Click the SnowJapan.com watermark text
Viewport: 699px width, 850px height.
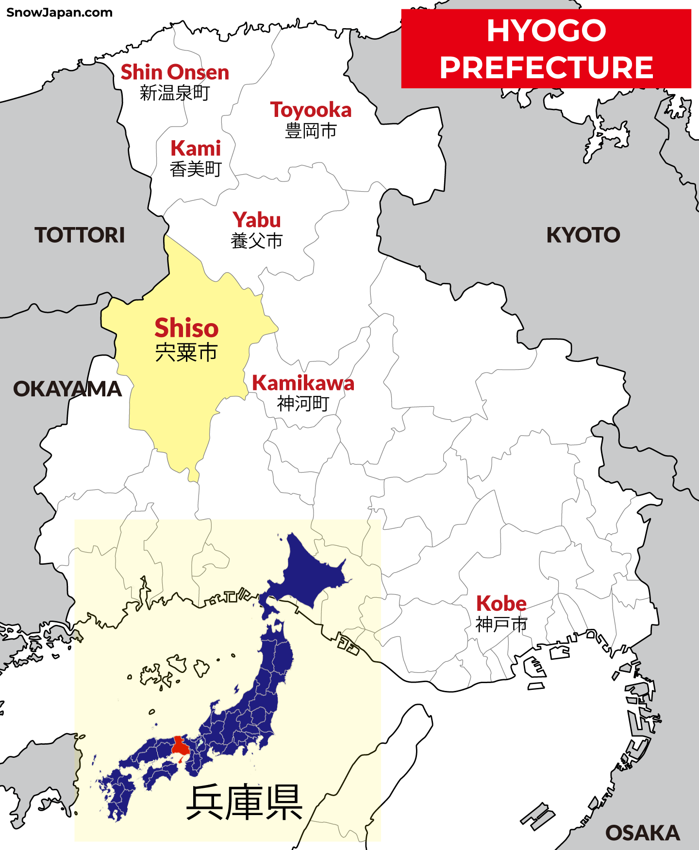[59, 13]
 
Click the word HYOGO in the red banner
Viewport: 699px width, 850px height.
[546, 31]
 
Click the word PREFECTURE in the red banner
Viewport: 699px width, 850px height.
[546, 67]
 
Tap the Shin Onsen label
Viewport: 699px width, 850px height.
[175, 72]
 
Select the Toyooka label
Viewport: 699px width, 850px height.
[311, 110]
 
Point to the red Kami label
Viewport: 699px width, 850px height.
[196, 148]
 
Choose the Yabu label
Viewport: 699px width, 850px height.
[257, 220]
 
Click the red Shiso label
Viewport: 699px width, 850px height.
[186, 328]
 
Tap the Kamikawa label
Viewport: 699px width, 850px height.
[303, 383]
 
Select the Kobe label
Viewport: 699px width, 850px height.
[501, 604]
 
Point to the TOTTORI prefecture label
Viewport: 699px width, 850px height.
[80, 235]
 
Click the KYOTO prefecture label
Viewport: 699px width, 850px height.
[583, 235]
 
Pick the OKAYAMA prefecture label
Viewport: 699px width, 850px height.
[67, 389]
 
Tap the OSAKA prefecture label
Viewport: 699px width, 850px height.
[642, 833]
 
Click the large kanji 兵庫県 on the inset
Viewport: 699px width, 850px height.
[244, 802]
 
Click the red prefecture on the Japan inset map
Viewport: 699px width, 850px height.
[180, 746]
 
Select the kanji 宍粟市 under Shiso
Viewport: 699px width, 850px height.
[186, 352]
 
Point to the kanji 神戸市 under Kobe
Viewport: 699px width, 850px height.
[501, 624]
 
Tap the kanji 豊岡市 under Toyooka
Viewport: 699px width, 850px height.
[311, 131]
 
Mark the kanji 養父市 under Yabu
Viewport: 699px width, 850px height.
[257, 241]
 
